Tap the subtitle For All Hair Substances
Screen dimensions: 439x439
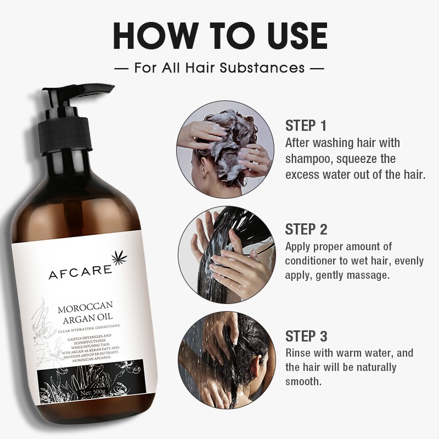[x=219, y=68]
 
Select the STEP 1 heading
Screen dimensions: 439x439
[x=306, y=126]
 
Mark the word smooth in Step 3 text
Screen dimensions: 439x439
[x=303, y=381]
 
